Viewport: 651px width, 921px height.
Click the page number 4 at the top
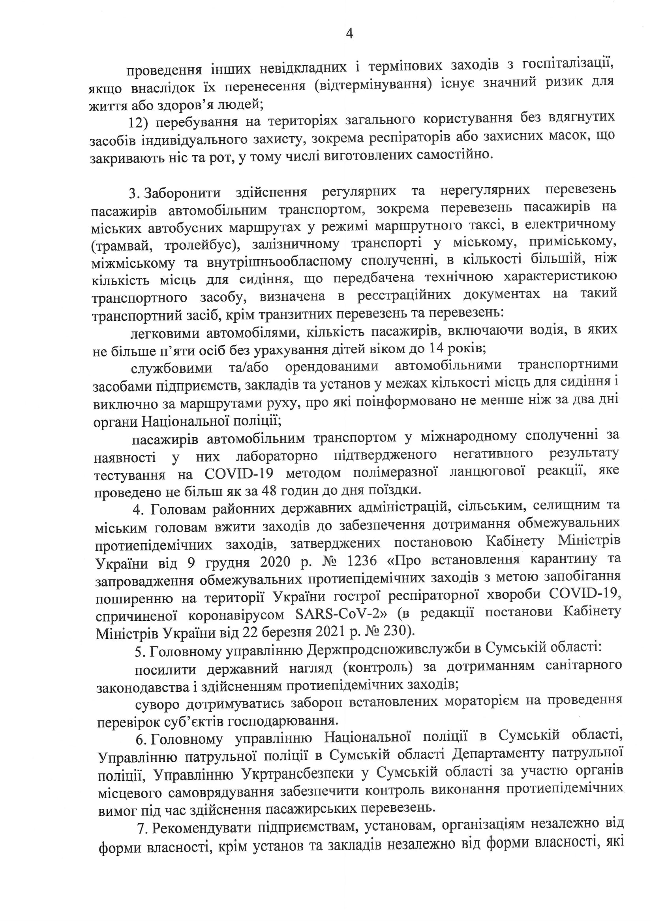[349, 34]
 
